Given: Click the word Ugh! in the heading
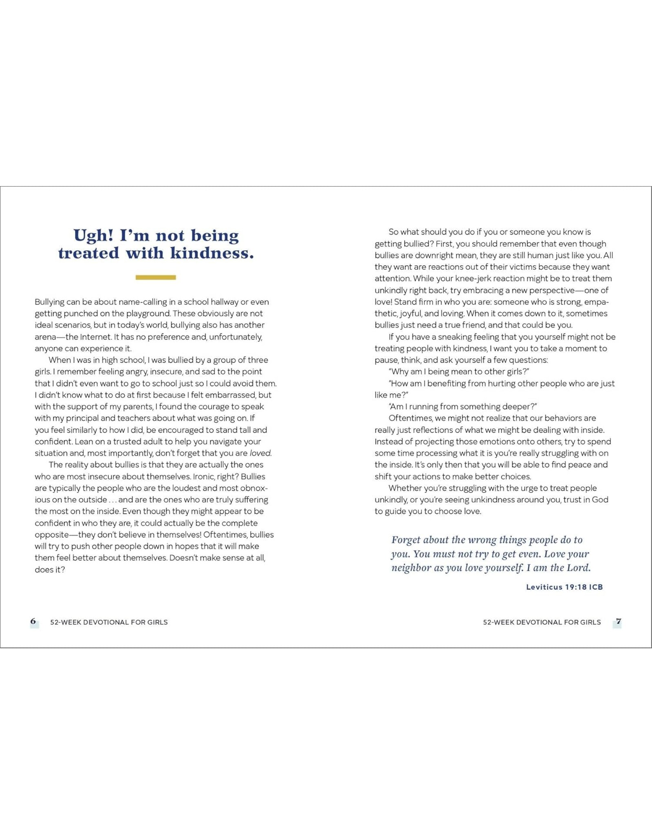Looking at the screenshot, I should pos(93,236).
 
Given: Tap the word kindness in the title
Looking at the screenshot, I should pos(212,253).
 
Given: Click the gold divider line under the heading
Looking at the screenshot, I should pos(156,277).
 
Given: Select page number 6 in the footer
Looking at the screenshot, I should pos(33,621).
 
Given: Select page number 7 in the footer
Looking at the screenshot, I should pos(618,621).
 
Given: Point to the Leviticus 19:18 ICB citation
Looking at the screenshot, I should pos(564,587).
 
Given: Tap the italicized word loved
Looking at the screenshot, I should pos(260,453).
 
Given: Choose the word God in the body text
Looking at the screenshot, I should pos(600,500).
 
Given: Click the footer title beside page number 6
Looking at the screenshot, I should pos(109,622).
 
